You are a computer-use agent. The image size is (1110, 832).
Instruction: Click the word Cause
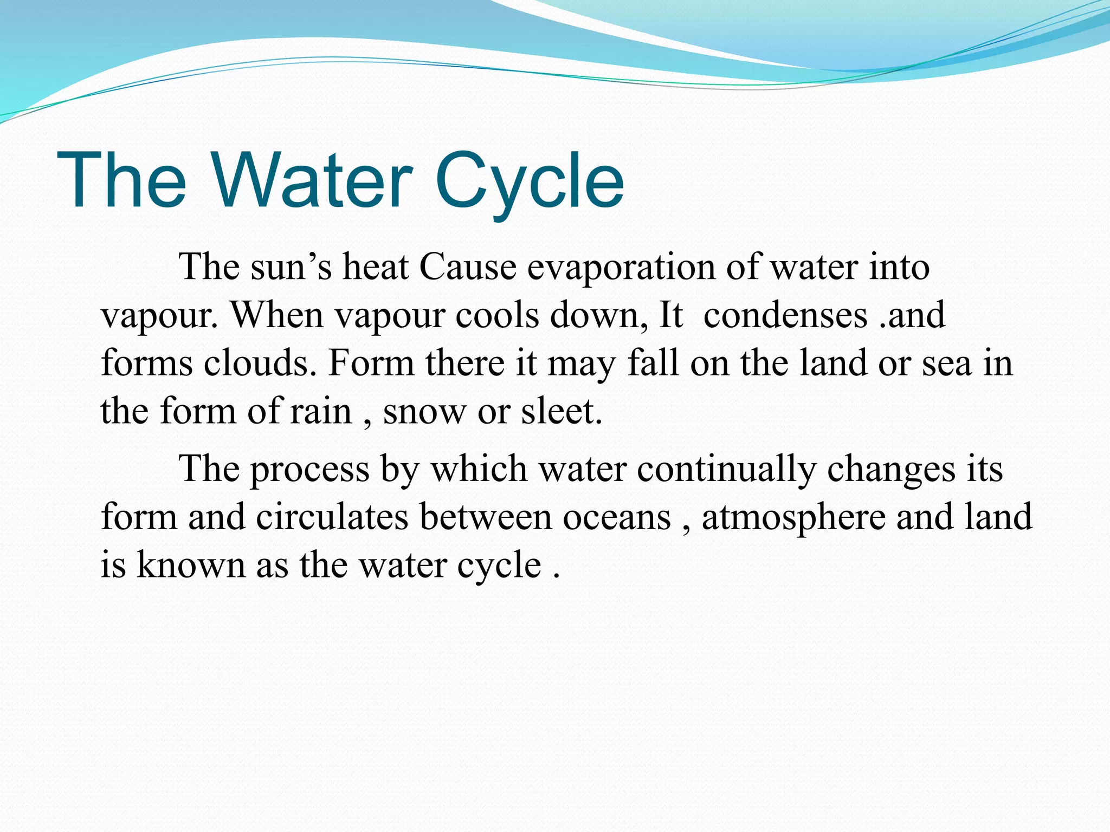click(467, 267)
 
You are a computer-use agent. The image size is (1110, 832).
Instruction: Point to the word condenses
click(785, 315)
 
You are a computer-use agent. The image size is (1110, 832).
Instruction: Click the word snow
click(424, 412)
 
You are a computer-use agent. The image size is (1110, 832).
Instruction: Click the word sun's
click(291, 267)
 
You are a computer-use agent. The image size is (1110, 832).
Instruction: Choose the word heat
click(375, 267)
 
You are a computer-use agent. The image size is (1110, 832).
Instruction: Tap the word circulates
click(332, 517)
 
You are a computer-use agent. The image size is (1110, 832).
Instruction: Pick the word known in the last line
click(191, 565)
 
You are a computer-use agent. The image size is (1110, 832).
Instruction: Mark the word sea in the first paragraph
click(946, 363)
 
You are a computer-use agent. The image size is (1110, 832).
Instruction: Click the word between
click(485, 517)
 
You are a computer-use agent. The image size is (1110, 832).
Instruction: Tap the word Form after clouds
click(371, 362)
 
